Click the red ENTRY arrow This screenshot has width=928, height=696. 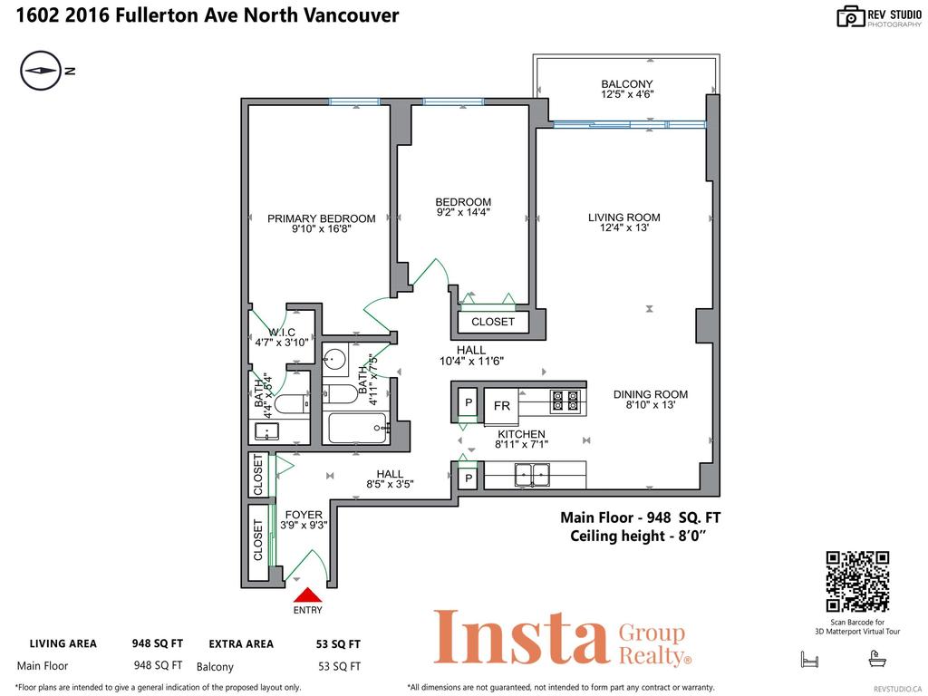point(307,595)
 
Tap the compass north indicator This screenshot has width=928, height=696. point(39,72)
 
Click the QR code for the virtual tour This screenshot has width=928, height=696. point(857,582)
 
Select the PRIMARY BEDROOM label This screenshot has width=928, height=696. point(321,218)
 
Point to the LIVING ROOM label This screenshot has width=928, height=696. point(623,217)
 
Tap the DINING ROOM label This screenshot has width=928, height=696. point(650,394)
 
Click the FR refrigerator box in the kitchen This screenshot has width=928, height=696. point(501,405)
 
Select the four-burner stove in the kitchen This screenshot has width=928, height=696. point(566,401)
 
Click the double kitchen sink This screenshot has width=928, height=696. point(534,473)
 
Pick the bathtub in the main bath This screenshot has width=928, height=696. point(357,428)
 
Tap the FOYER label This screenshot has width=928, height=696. point(304,515)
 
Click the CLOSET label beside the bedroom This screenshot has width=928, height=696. point(492,322)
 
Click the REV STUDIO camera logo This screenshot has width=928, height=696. point(851,15)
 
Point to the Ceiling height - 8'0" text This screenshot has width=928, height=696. point(638,536)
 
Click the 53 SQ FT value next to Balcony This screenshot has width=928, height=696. point(340,666)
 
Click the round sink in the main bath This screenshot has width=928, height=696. point(334,360)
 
